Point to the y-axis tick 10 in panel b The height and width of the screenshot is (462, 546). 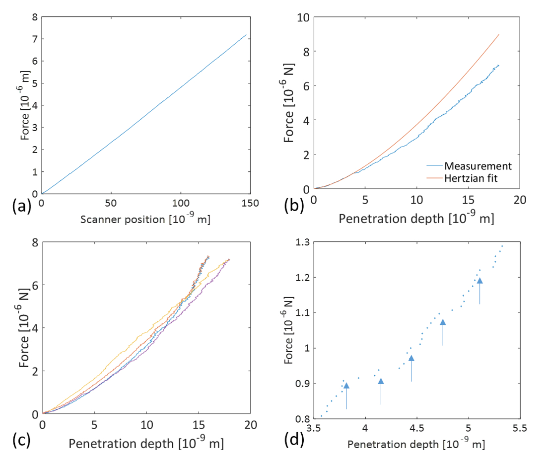click(302, 17)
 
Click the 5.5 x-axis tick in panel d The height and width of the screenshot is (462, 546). click(519, 429)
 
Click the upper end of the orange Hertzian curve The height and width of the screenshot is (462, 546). click(498, 34)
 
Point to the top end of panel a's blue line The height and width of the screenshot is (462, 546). click(246, 35)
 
